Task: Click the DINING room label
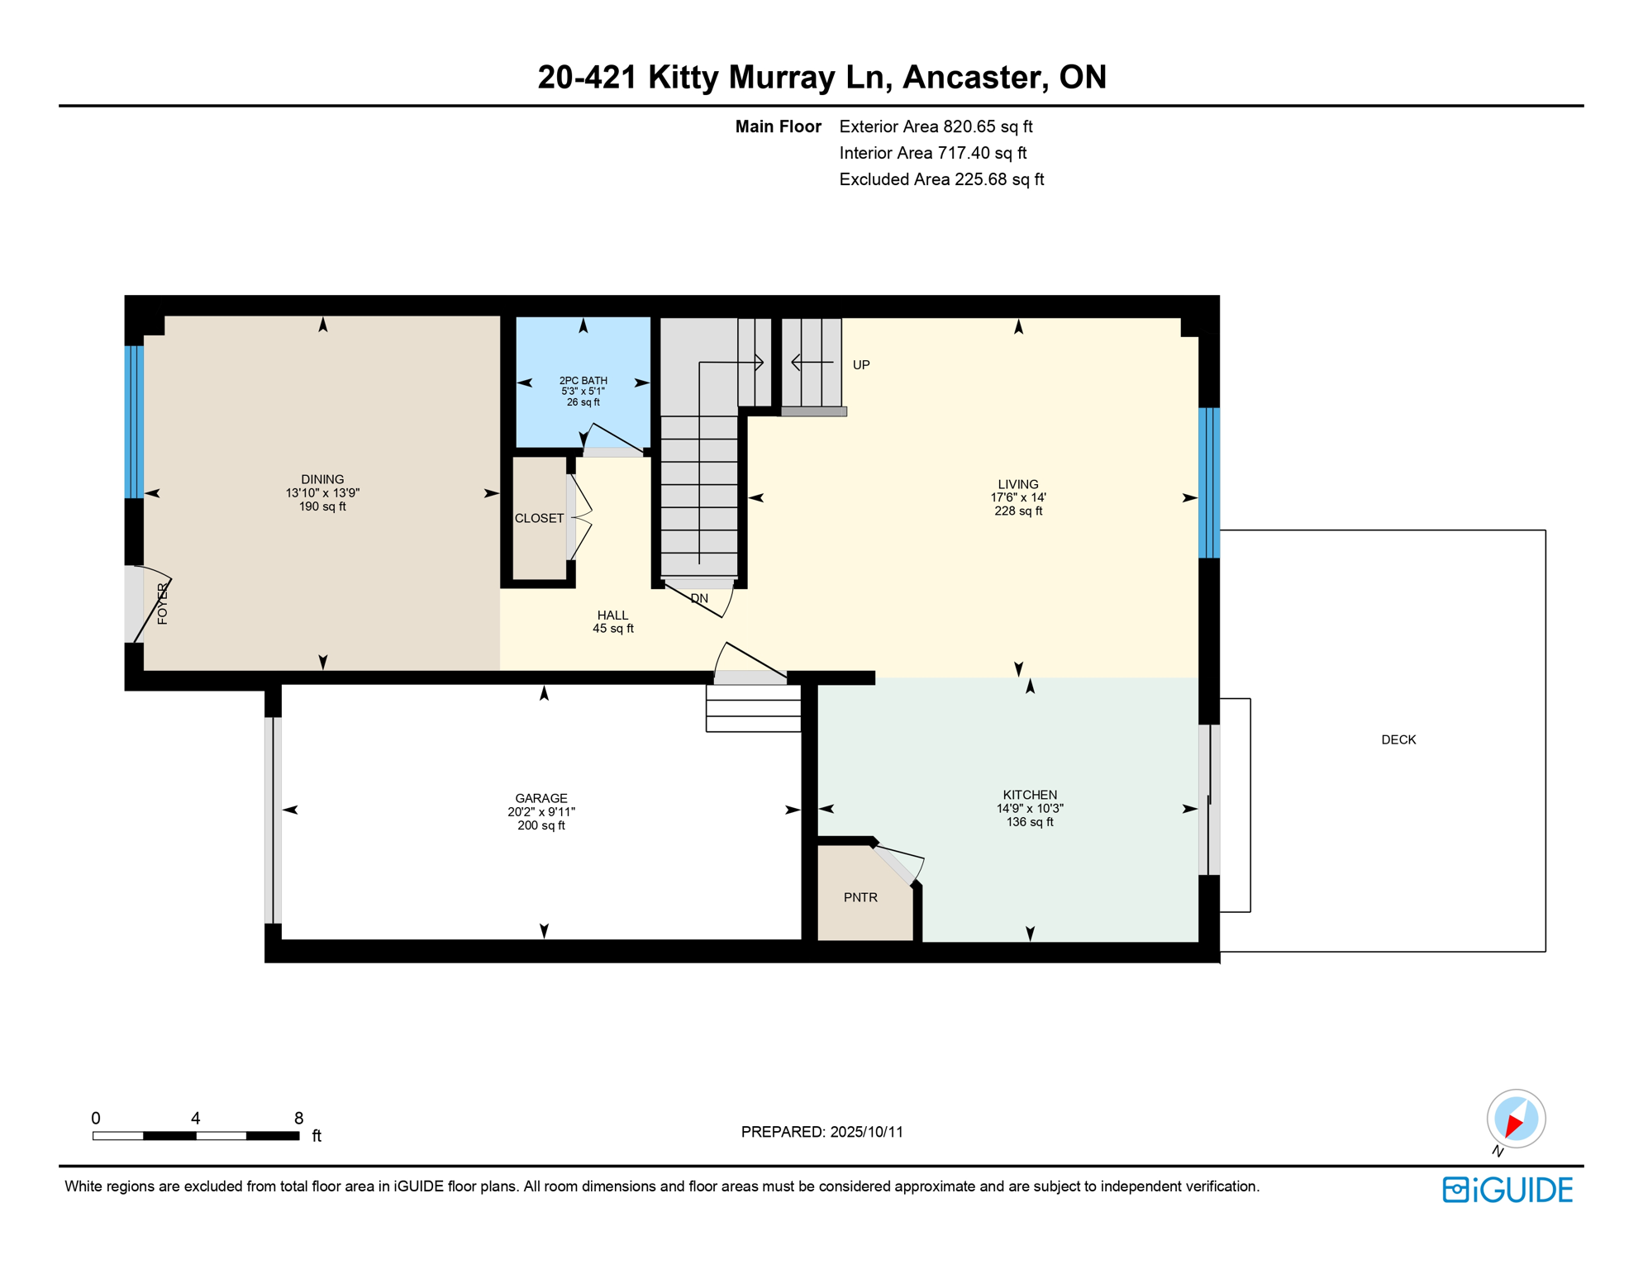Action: pos(322,479)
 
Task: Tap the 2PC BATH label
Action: pos(583,381)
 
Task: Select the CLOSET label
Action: pos(539,518)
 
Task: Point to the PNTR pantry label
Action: pos(860,897)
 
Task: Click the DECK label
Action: pos(1398,739)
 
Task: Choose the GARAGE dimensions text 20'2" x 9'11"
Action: pos(541,812)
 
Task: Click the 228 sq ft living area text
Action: pos(1018,511)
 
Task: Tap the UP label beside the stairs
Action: pos(861,365)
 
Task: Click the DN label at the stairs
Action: pos(699,598)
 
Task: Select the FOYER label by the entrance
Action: pos(163,603)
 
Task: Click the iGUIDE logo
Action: pos(1507,1190)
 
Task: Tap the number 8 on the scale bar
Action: pos(298,1118)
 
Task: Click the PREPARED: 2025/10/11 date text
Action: pos(821,1132)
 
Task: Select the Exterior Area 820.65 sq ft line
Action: pos(936,126)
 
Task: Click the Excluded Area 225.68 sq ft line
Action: pos(941,179)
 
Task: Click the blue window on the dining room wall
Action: pos(134,421)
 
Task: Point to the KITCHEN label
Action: pos(1030,795)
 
